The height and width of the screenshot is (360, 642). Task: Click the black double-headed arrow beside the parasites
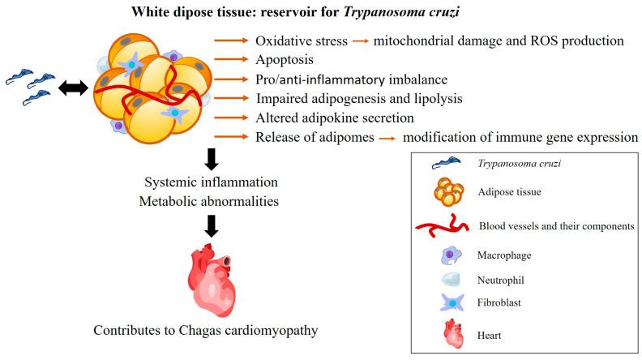click(x=72, y=88)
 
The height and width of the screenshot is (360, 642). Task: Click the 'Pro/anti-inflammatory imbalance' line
click(x=341, y=79)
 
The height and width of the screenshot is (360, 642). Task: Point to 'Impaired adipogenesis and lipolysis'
click(x=348, y=99)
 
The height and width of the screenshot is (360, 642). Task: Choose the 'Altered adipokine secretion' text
click(x=328, y=118)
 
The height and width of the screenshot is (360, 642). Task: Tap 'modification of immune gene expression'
click(x=515, y=137)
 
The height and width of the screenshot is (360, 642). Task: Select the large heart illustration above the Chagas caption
click(x=211, y=280)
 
